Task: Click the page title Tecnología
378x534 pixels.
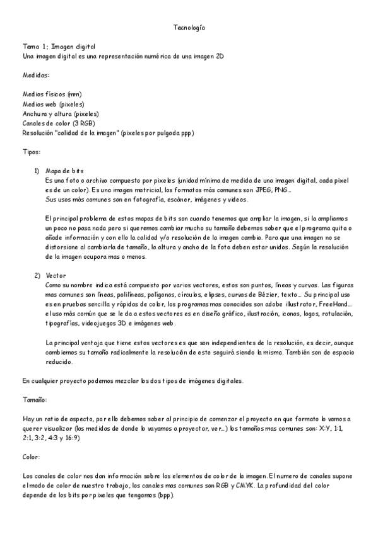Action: coord(189,28)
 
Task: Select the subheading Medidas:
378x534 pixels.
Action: coord(36,75)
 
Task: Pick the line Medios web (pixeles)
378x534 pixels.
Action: coord(53,104)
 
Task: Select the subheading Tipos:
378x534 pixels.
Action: coord(32,152)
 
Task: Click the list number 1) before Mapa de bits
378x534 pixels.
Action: coord(37,171)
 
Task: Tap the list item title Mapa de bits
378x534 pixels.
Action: coord(64,171)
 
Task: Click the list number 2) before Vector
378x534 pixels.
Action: coord(37,275)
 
